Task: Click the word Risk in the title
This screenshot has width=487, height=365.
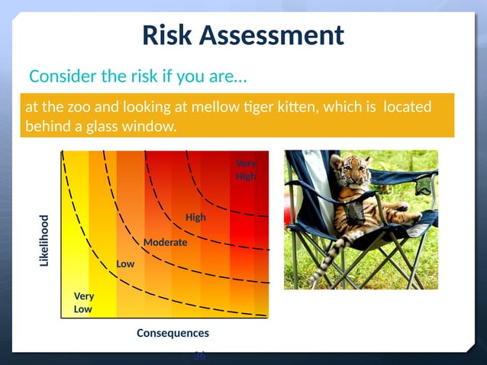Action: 169,35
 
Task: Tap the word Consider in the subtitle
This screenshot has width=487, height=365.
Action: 62,77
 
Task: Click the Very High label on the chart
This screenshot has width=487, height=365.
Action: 246,170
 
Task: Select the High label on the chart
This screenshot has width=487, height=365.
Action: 195,218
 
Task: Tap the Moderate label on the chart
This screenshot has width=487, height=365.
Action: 165,242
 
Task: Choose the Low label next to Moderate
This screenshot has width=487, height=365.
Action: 125,263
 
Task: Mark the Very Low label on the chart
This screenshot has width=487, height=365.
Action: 83,303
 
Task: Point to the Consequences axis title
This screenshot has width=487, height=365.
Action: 172,333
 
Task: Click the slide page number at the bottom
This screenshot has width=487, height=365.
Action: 199,355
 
